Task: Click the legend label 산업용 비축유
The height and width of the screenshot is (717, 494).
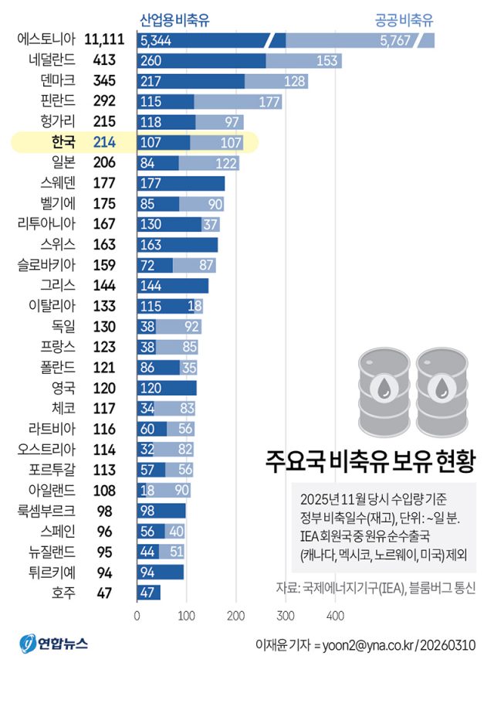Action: (x=174, y=20)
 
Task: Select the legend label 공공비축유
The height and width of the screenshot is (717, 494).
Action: (x=404, y=20)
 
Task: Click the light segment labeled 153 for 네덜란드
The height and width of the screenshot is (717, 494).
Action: (x=303, y=60)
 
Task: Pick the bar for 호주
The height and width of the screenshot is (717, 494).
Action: (x=148, y=593)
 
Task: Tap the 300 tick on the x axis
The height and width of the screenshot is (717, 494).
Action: (x=286, y=616)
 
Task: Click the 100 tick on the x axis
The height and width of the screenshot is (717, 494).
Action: (x=187, y=616)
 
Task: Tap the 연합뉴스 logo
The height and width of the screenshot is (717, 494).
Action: (x=54, y=644)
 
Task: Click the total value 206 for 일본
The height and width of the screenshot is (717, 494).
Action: (x=104, y=162)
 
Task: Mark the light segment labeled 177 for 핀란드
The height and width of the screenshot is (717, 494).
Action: (x=238, y=101)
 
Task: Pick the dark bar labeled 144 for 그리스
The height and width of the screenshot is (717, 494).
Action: (x=173, y=285)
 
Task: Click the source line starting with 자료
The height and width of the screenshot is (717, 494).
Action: (x=375, y=588)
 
